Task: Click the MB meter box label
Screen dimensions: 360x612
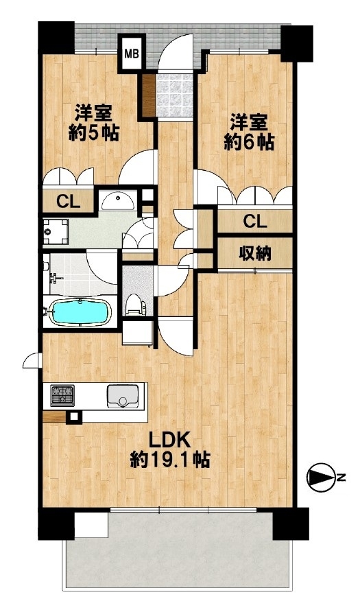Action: coord(132,54)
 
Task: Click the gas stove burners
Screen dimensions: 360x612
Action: coord(62,395)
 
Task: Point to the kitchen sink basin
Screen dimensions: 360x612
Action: coord(123,397)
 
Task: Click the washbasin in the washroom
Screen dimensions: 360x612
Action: coord(117,201)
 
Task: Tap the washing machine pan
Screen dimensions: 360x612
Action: coord(56,232)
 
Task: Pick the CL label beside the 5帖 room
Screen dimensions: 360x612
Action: coord(69,202)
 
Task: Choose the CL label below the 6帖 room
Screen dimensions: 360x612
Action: coord(255,222)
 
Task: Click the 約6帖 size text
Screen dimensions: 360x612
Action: coord(248,143)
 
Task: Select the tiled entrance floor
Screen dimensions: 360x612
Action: coord(174,95)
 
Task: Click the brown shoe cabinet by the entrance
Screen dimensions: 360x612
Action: coord(149,95)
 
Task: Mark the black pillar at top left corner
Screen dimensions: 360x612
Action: coord(56,38)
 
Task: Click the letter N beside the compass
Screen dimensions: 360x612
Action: coord(341,477)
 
